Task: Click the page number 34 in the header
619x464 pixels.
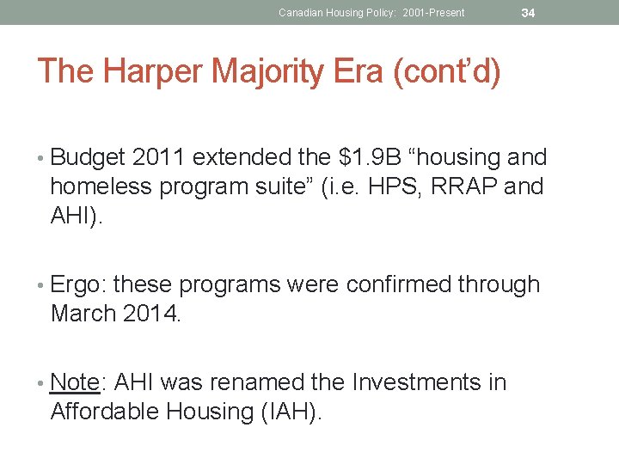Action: tap(529, 13)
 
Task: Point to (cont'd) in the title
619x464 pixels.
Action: tap(446, 71)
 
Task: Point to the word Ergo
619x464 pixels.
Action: tap(79, 284)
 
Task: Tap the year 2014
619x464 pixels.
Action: tap(151, 314)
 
